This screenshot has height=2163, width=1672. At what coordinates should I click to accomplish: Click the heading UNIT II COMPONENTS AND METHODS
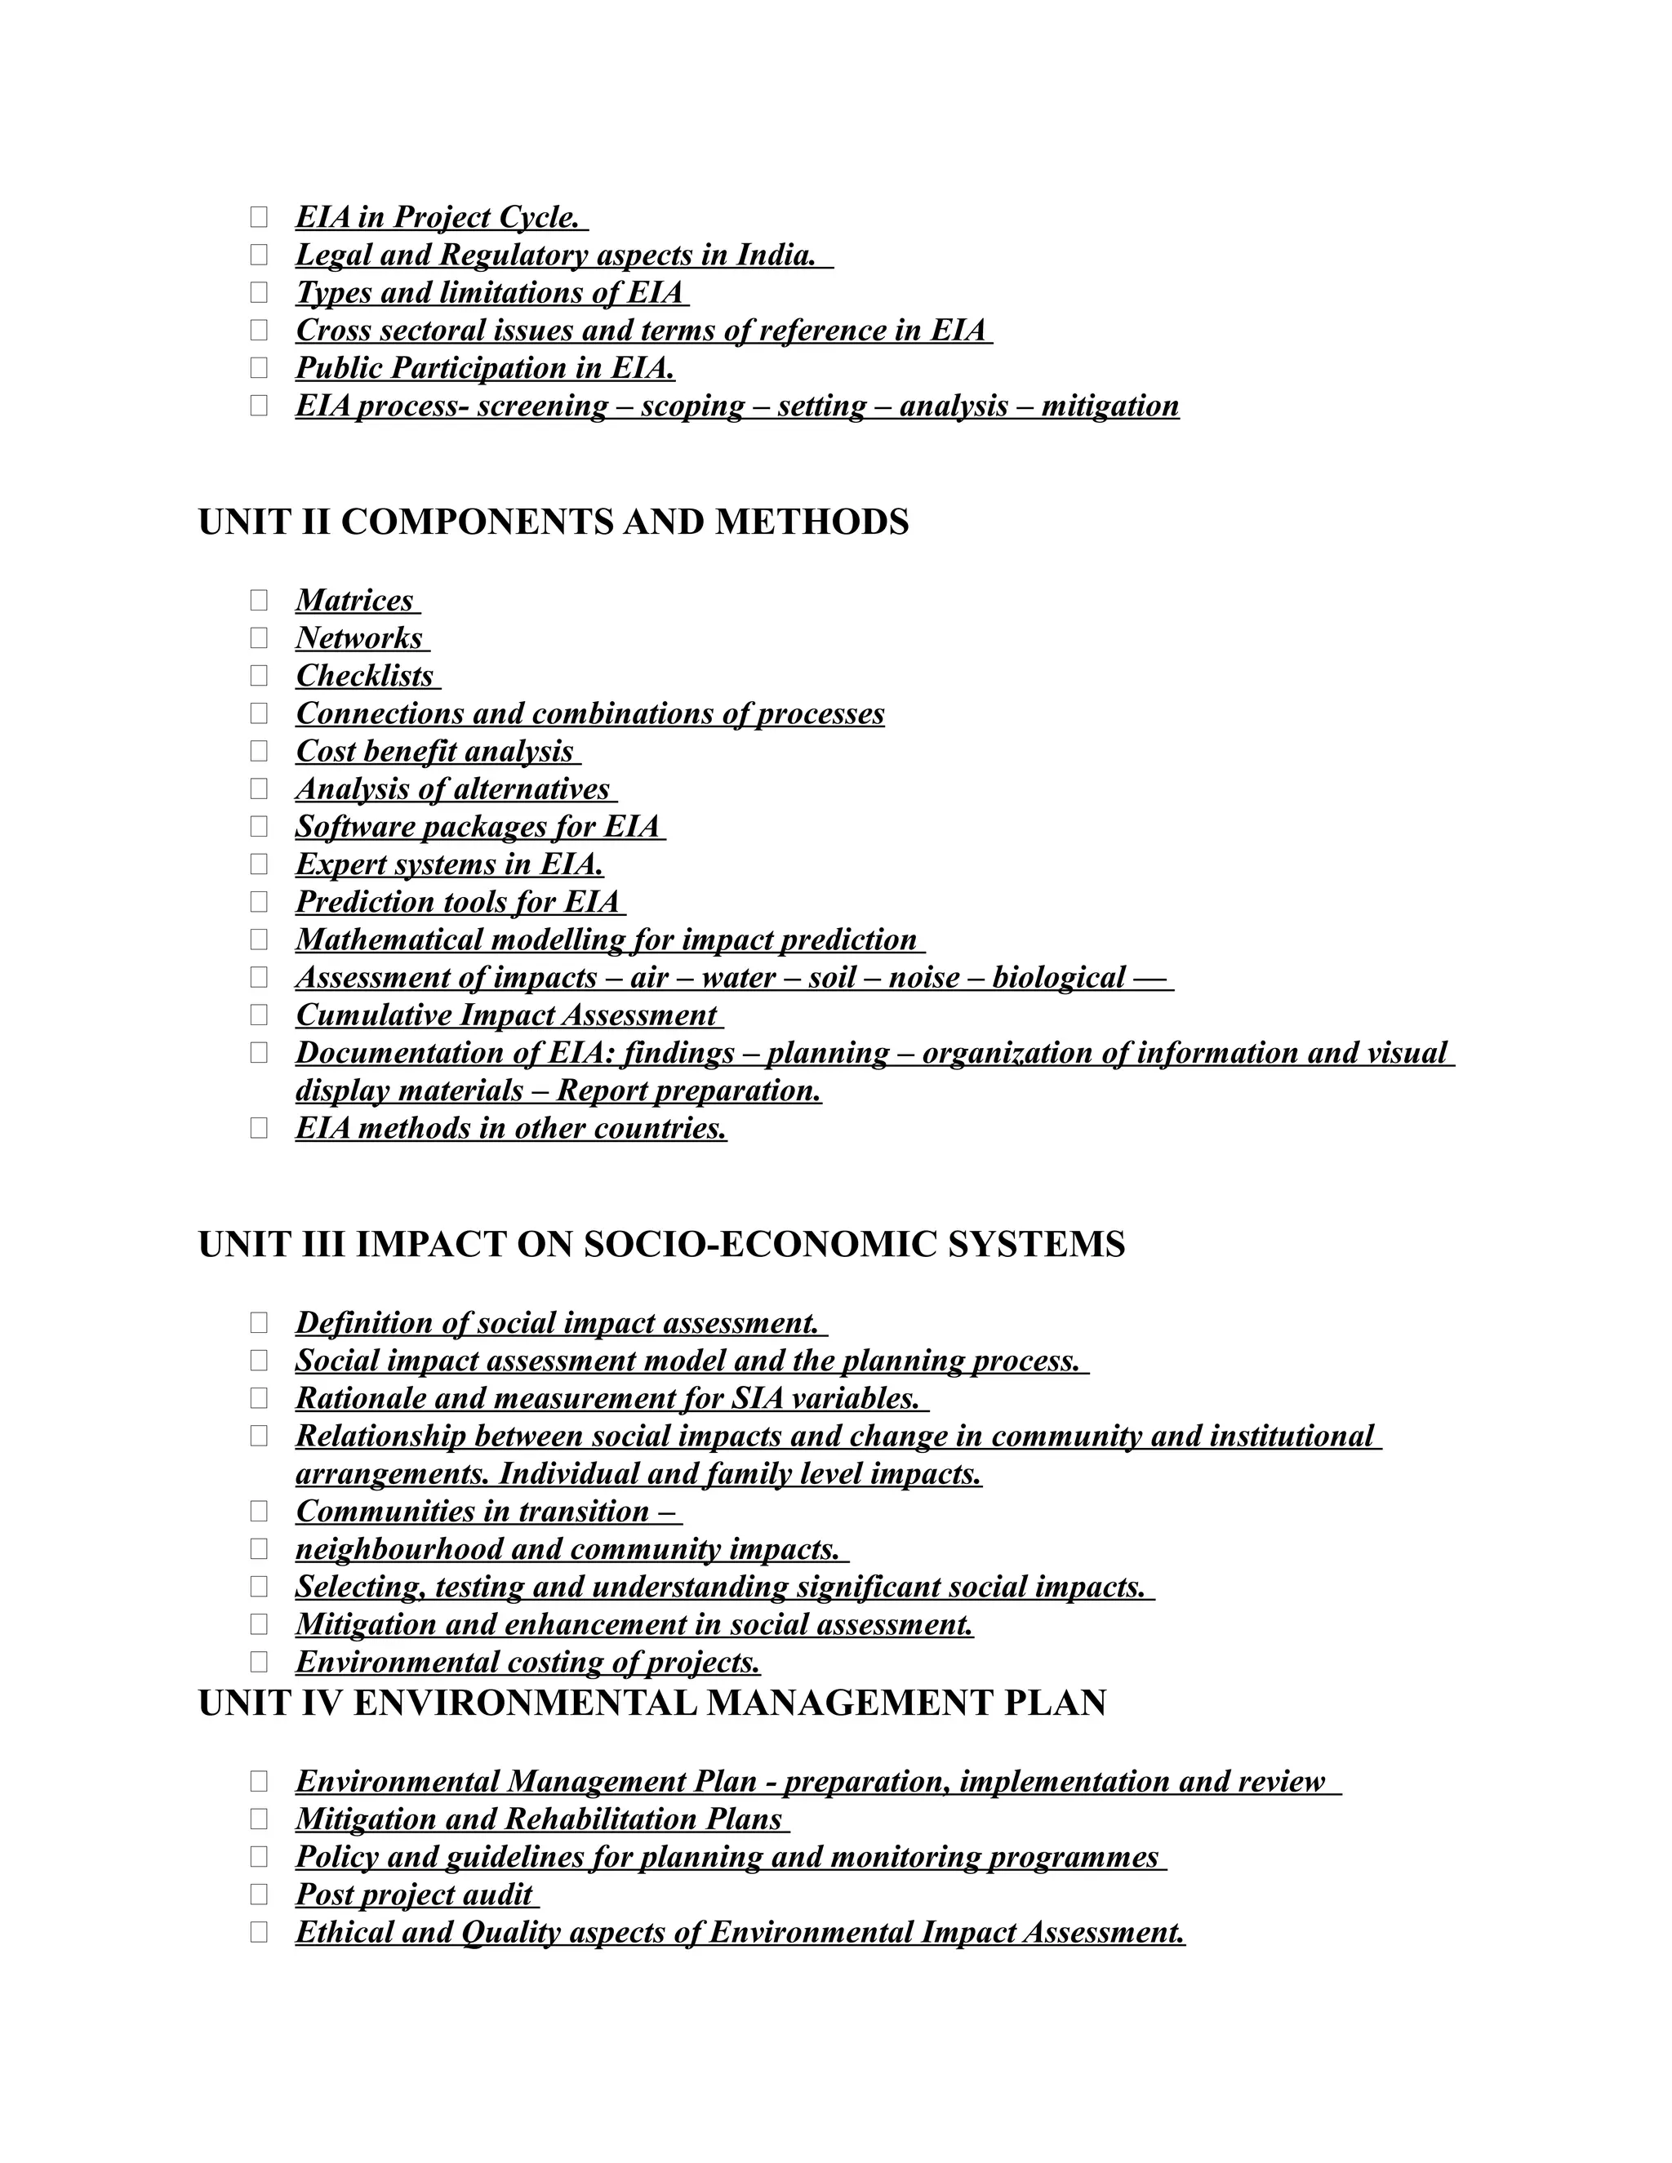(553, 522)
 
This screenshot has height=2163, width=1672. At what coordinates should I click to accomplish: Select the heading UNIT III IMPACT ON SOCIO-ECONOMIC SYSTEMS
(660, 1244)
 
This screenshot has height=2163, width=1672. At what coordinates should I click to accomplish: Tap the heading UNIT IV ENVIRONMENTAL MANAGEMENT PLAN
(651, 1703)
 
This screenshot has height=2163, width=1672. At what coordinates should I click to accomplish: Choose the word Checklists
(364, 676)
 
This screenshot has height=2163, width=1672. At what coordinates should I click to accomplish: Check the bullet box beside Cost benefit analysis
(259, 751)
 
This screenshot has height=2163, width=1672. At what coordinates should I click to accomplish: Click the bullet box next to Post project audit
(259, 1894)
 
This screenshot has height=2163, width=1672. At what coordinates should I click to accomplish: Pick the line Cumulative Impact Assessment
(506, 1015)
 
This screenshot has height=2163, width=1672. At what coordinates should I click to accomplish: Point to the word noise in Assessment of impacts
(923, 978)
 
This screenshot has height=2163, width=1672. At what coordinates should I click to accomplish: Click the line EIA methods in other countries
(511, 1128)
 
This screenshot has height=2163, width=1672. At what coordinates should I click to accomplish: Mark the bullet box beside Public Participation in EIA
(259, 367)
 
